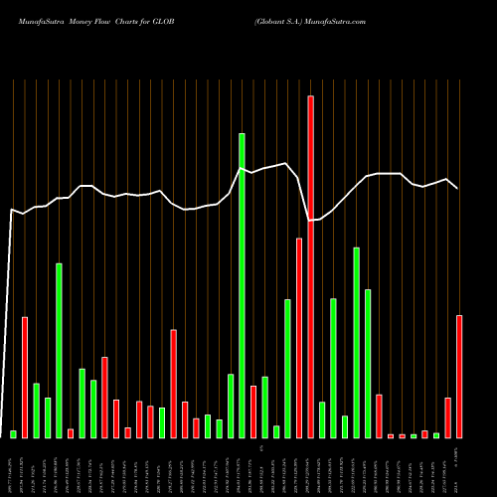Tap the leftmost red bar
click(25, 377)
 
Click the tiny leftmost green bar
click(14, 433)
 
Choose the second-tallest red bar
click(299, 338)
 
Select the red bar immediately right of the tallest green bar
click(253, 412)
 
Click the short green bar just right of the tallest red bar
click(322, 419)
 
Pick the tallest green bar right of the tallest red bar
click(356, 342)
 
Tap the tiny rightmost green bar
click(436, 435)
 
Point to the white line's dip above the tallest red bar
click(311, 220)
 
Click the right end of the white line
click(458, 188)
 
